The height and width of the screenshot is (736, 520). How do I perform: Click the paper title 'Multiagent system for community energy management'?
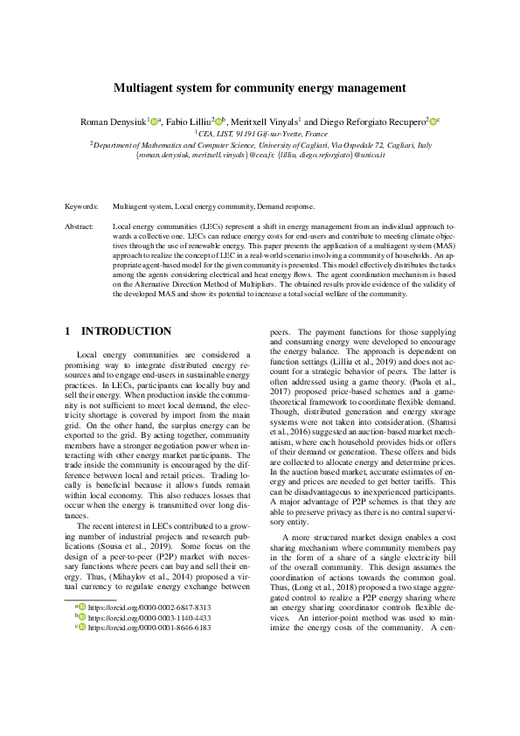(260, 87)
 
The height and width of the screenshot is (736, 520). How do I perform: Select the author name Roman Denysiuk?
(112, 121)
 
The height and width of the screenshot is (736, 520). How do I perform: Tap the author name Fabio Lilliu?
(188, 121)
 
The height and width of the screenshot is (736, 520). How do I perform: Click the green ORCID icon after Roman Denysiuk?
(155, 121)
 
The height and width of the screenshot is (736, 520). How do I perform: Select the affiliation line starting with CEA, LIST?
(260, 133)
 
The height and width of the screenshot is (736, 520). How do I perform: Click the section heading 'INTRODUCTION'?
(126, 331)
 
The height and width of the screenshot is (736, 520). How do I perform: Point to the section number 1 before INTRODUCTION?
(69, 331)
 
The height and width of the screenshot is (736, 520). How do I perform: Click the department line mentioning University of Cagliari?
(260, 145)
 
